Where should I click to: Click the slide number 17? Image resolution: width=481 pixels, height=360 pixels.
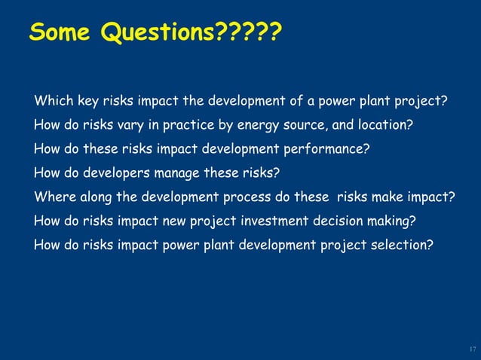click(x=472, y=349)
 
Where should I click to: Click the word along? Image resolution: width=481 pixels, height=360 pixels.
click(x=92, y=197)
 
